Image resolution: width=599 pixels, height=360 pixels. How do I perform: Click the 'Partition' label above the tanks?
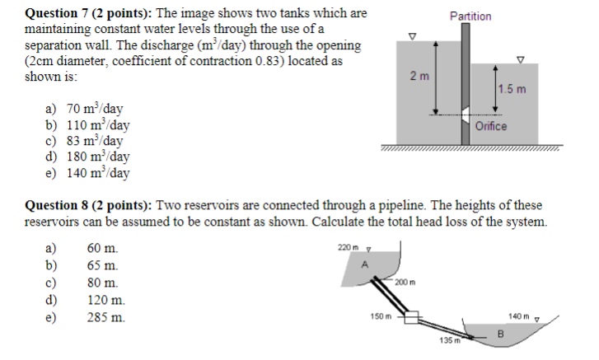[470, 16]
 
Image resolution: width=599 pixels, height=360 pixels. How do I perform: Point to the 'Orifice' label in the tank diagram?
[492, 126]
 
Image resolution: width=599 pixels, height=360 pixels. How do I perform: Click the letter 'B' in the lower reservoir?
[498, 333]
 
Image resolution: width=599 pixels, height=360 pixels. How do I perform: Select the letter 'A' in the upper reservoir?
[363, 263]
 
